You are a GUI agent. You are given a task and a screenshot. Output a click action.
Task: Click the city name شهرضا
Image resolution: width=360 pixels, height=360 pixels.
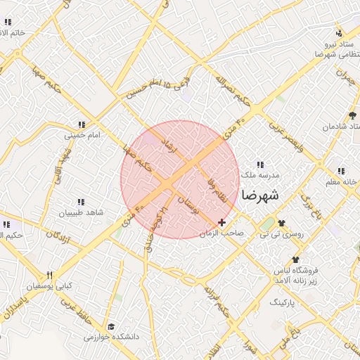[259, 195]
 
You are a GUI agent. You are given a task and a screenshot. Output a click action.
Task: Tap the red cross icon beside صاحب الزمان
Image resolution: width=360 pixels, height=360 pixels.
[222, 222]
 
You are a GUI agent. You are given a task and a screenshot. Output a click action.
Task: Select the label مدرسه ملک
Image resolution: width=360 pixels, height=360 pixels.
[260, 174]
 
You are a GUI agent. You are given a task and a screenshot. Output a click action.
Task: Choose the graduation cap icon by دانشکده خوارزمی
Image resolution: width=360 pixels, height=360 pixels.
[111, 326]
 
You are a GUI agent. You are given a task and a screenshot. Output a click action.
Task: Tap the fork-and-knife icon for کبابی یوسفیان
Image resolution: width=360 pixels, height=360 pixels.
[49, 275]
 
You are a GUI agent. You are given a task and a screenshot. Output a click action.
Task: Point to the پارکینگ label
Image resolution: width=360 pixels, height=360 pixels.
[284, 301]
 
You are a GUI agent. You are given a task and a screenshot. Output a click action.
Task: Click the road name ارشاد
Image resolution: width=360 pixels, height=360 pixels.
[169, 146]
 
